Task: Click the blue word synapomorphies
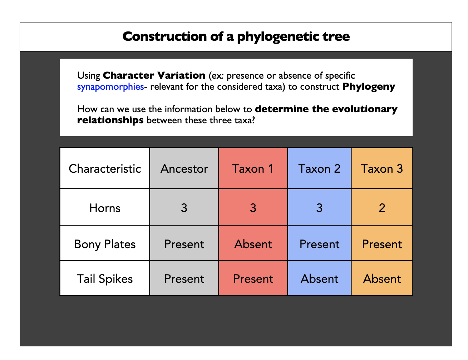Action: tap(110, 87)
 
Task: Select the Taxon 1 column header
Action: tap(253, 169)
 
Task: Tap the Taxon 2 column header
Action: tap(319, 169)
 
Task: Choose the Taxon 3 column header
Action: tap(382, 169)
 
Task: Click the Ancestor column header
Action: tap(184, 169)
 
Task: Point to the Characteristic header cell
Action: tap(105, 169)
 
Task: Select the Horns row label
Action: tap(105, 208)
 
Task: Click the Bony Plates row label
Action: tap(105, 244)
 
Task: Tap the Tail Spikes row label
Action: tap(105, 279)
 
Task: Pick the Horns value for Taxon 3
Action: tap(382, 208)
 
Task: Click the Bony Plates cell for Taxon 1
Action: tap(253, 244)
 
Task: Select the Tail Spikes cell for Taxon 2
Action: tap(319, 279)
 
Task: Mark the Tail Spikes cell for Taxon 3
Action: tap(382, 279)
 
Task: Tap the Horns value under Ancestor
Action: tap(184, 208)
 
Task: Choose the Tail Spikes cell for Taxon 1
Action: tap(253, 279)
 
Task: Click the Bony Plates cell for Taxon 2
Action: tap(319, 244)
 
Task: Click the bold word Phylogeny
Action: tap(369, 87)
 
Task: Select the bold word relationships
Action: tap(110, 120)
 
